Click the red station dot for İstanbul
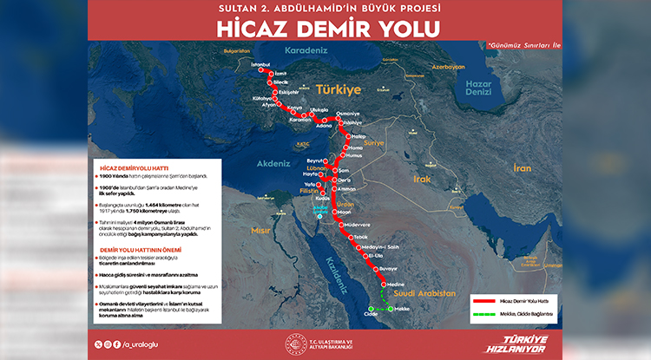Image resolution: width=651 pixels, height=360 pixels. [x=260, y=73]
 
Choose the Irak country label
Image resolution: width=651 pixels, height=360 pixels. [x=422, y=178]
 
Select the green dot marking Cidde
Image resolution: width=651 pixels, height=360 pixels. [x=370, y=308]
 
